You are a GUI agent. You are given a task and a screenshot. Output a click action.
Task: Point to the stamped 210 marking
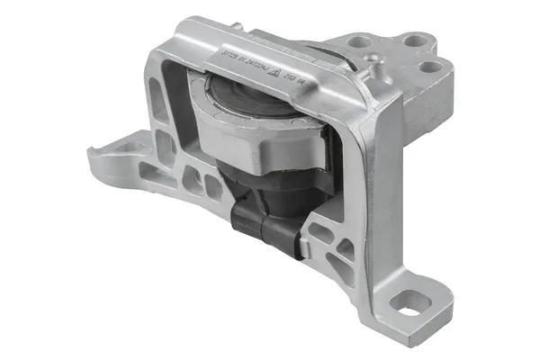tap(292, 80)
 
